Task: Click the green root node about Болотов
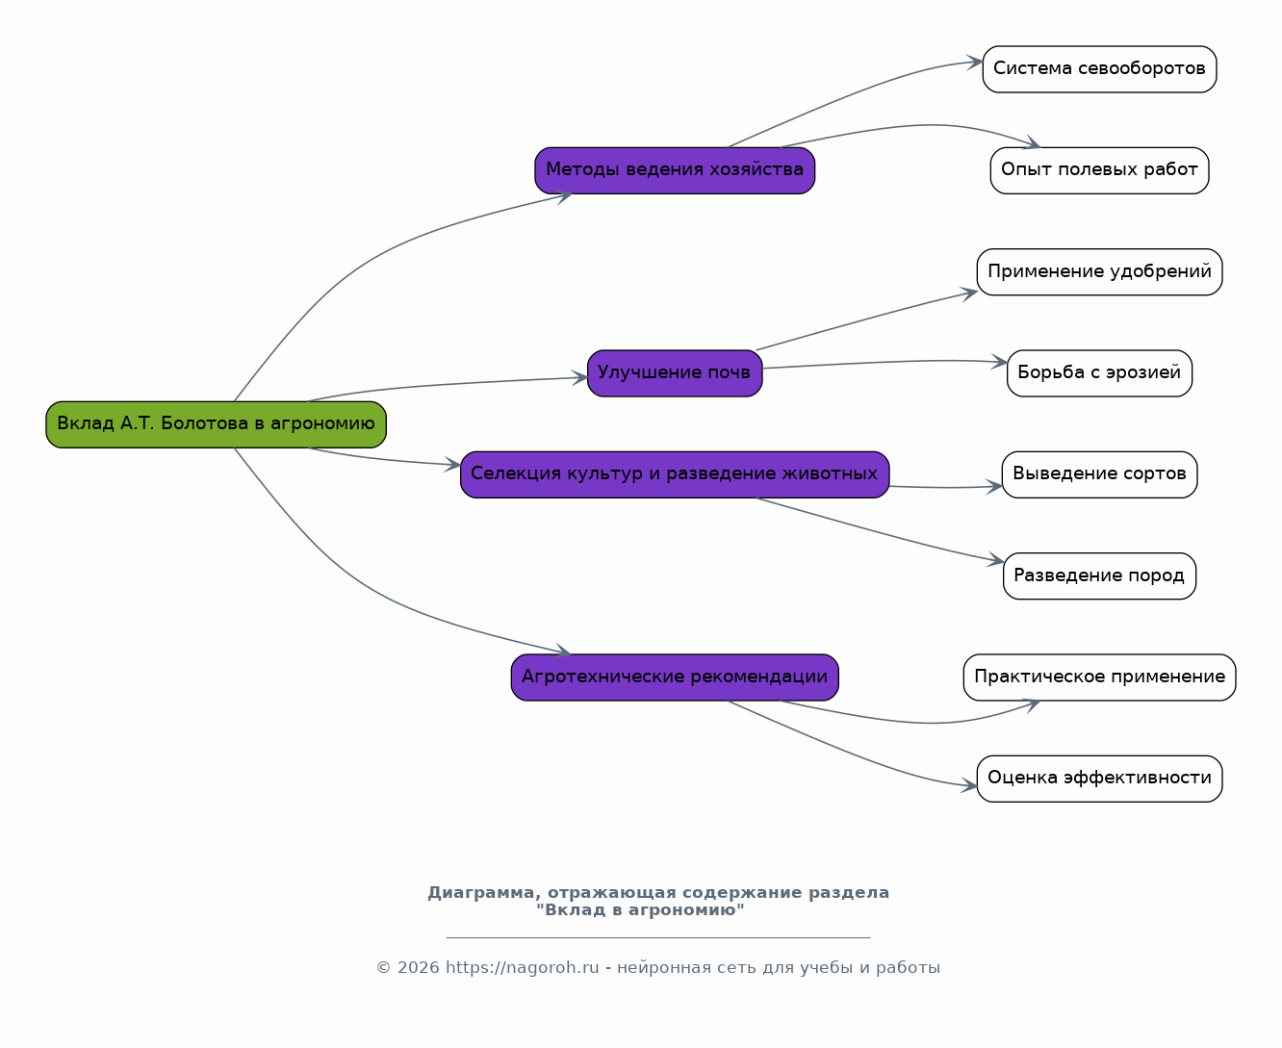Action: (x=216, y=424)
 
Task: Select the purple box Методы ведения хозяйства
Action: (x=675, y=170)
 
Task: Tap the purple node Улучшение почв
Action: (x=675, y=373)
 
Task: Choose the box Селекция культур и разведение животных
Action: (x=675, y=474)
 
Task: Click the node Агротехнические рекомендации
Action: (x=675, y=677)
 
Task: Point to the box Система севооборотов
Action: (x=1100, y=69)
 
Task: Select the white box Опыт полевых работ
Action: (x=1100, y=170)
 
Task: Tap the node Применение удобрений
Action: (x=1100, y=271)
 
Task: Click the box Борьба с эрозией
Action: (x=1100, y=373)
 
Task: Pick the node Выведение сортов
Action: (x=1100, y=474)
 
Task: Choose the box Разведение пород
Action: (x=1100, y=575)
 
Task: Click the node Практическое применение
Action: (x=1100, y=677)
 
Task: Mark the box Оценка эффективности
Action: (x=1100, y=779)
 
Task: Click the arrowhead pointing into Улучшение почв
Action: (x=579, y=377)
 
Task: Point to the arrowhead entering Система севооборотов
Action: (x=974, y=62)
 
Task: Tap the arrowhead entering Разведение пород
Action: (x=995, y=560)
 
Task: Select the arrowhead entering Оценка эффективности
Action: (x=969, y=784)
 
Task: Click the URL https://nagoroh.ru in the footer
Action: (x=523, y=968)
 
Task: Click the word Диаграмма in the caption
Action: (x=481, y=893)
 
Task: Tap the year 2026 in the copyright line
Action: (x=419, y=968)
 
